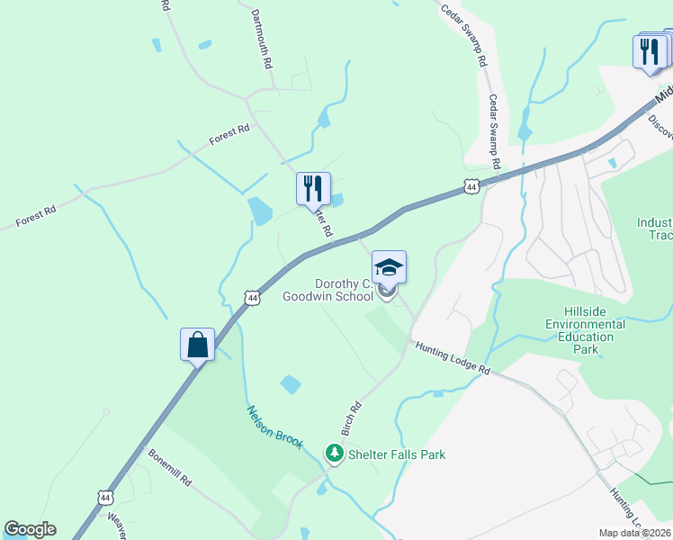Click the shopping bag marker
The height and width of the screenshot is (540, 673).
[197, 345]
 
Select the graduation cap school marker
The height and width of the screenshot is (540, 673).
[389, 267]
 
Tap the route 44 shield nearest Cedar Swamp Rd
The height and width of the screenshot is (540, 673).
[471, 185]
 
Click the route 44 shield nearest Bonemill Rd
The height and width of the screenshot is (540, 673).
[106, 497]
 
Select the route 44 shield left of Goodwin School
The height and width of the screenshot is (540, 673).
[253, 297]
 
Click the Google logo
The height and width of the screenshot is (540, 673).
[30, 529]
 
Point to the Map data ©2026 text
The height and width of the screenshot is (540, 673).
[635, 533]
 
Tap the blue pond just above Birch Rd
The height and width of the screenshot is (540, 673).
[290, 384]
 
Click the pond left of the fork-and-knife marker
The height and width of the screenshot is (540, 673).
[259, 211]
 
